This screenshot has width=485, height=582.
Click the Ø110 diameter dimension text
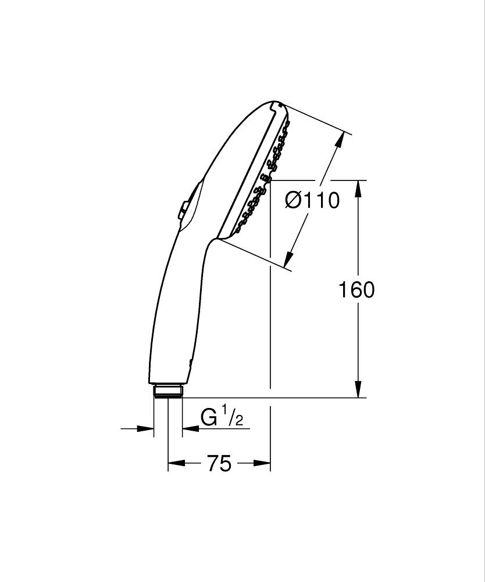pos(312,201)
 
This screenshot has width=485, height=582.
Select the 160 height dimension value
pos(356,289)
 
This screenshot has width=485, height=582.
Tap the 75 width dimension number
pos(219,463)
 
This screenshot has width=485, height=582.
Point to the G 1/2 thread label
pos(222,418)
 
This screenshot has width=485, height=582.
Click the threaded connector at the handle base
pos(169,390)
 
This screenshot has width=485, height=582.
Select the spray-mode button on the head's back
pos(183,210)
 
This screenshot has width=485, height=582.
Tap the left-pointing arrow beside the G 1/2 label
pos(190,429)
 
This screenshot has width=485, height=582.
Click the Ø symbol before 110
pos(294,201)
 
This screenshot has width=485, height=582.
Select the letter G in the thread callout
pos(209,418)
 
